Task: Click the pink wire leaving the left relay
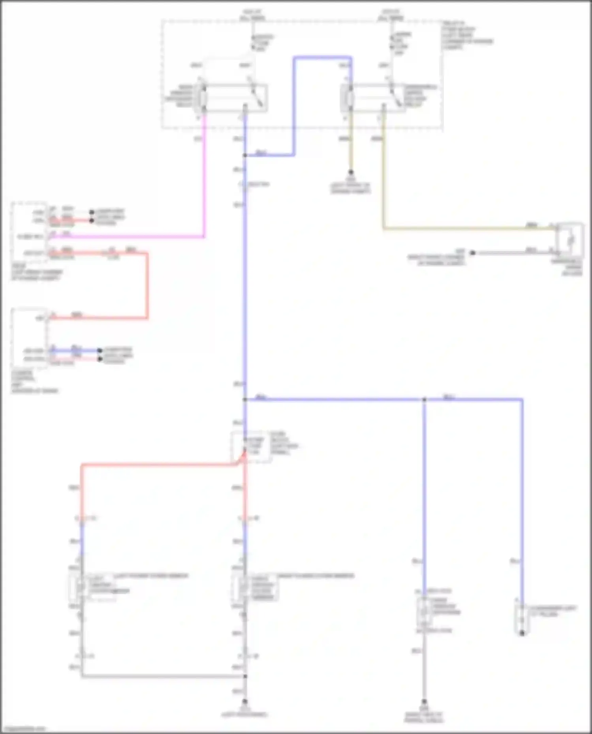point(204,177)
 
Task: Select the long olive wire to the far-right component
point(466,228)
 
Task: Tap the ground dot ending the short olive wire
point(350,172)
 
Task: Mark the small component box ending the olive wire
point(569,240)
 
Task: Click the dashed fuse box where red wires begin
point(251,446)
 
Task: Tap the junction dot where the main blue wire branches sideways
point(245,400)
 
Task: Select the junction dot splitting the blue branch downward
point(424,400)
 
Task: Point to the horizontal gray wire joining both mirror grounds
point(162,676)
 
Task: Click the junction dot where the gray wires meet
point(245,676)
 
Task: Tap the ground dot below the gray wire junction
point(245,702)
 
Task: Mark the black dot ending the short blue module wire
point(100,350)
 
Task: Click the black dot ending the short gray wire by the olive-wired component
point(472,252)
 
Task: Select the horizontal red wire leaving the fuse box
point(158,465)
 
